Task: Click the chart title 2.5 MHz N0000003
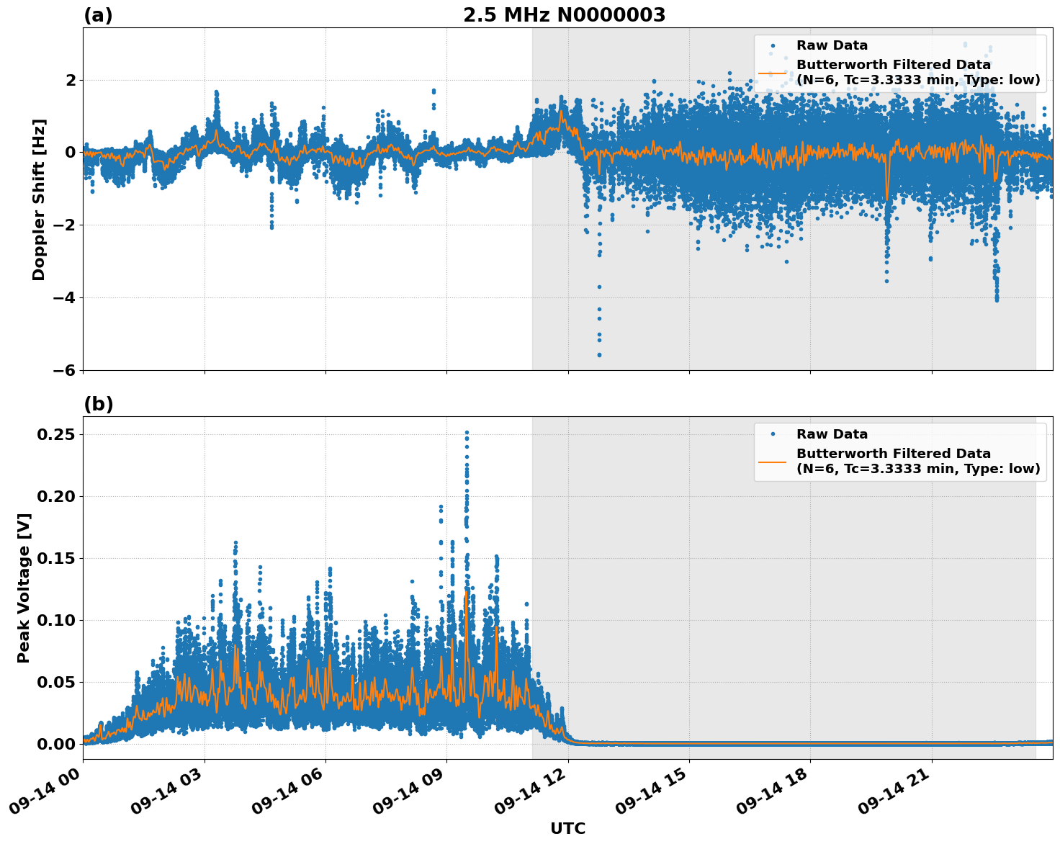pos(564,15)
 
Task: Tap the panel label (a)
pos(98,15)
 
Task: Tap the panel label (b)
pos(98,404)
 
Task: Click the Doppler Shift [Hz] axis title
pos(39,199)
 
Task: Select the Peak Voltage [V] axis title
pos(24,588)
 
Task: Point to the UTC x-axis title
pos(567,828)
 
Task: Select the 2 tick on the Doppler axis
pos(71,80)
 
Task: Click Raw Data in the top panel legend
pos(832,45)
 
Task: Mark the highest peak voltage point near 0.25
pos(467,433)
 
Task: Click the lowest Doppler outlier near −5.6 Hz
pos(599,354)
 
